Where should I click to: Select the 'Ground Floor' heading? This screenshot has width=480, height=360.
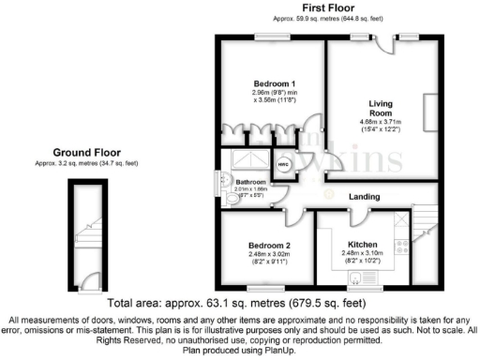click(85, 152)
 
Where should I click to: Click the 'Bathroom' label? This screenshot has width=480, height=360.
click(250, 182)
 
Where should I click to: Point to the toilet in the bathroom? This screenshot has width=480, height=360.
click(232, 199)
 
